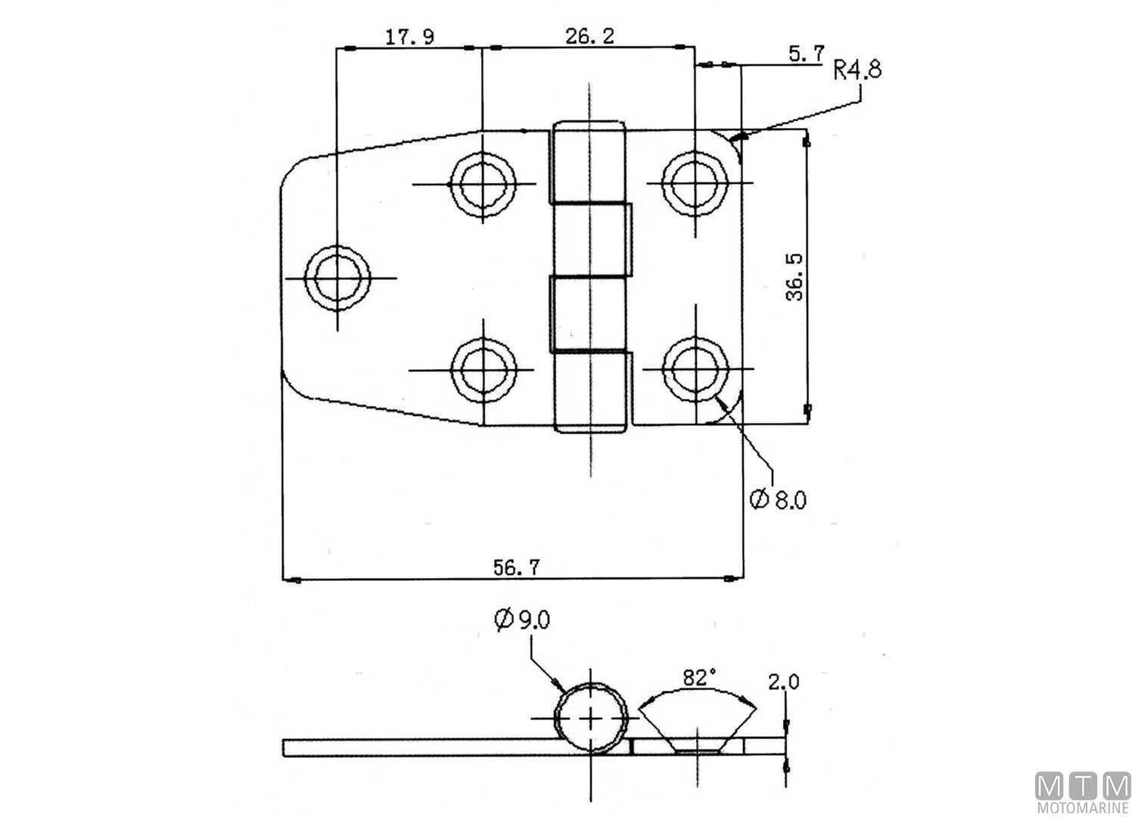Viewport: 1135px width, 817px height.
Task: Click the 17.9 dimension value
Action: tap(409, 37)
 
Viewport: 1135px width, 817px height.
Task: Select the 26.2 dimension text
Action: tap(589, 36)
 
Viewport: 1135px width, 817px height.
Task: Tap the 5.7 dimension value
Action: tap(806, 53)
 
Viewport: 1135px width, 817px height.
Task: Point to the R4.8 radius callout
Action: tap(857, 70)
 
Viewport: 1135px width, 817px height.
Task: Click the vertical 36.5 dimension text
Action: tap(794, 277)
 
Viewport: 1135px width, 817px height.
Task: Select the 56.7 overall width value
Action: tap(517, 567)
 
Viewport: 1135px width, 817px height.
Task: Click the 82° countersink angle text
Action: tap(698, 678)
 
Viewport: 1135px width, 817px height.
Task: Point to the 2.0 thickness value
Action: tap(783, 682)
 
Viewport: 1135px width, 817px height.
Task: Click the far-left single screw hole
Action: tap(338, 278)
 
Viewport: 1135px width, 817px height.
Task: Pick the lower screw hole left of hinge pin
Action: tap(482, 369)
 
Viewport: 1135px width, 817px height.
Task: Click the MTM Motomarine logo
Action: tap(1083, 794)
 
